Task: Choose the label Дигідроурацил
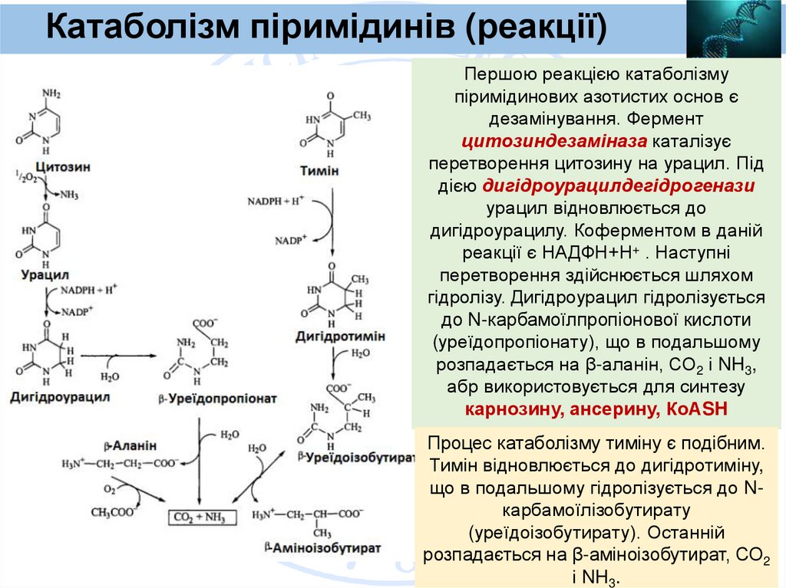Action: (60, 397)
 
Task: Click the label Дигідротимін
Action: (339, 337)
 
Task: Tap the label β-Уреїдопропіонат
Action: (219, 399)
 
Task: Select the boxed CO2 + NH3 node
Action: (198, 517)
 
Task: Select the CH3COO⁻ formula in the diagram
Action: (114, 511)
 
